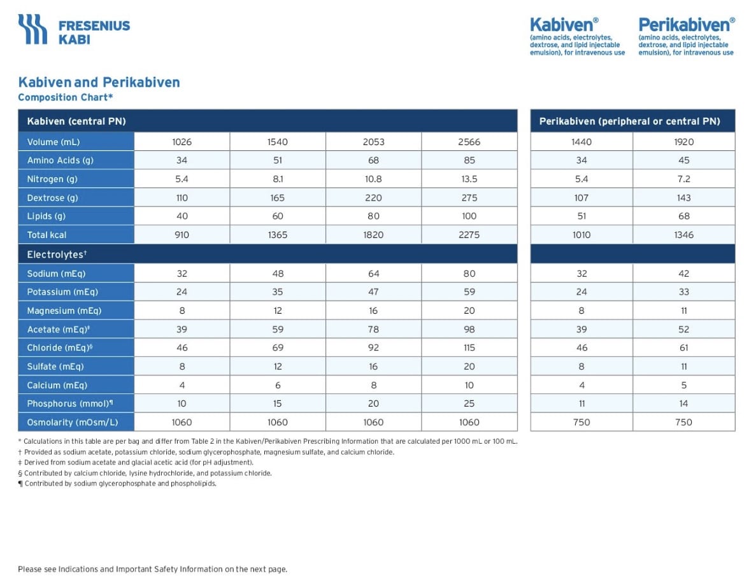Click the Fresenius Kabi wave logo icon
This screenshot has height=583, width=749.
[x=32, y=29]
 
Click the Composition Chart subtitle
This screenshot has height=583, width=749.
[x=66, y=97]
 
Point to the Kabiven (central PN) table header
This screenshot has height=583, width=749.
[x=76, y=121]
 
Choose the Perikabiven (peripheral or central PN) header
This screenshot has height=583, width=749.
[x=629, y=121]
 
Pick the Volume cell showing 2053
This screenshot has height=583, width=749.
[x=373, y=142]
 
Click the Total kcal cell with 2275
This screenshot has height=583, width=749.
[x=469, y=235]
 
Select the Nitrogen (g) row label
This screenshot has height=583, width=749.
[x=52, y=179]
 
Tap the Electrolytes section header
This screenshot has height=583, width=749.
[x=56, y=254]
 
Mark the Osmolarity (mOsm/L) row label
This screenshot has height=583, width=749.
[x=72, y=422]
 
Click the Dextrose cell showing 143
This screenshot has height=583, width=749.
[x=683, y=197]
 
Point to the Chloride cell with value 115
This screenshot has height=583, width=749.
[x=469, y=348]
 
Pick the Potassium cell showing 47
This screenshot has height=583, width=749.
[x=373, y=292]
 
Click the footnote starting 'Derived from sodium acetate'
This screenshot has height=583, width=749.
[x=138, y=462]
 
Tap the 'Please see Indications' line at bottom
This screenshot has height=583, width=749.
[x=152, y=569]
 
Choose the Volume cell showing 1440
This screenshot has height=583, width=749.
[x=581, y=142]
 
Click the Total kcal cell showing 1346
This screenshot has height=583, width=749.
[x=683, y=235]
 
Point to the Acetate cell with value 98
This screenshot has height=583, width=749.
[x=469, y=329]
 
